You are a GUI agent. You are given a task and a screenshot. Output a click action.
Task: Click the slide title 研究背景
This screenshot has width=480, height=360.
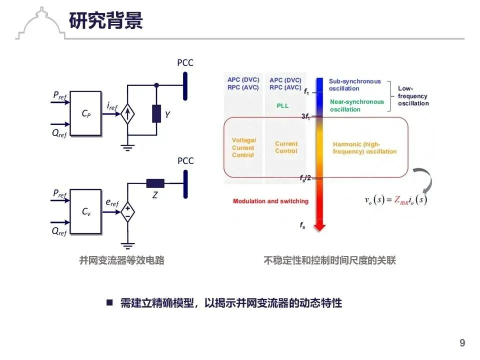tap(106, 21)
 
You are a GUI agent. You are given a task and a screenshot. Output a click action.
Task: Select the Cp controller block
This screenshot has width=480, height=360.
tap(86, 114)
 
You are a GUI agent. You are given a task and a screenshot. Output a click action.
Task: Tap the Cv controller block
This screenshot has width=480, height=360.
tap(86, 211)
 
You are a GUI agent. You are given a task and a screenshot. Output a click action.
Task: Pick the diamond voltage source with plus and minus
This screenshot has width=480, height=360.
tap(128, 212)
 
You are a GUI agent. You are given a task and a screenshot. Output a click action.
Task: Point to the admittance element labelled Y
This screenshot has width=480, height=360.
tap(156, 114)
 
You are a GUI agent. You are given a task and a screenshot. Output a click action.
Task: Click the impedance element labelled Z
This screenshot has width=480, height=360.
tap(155, 183)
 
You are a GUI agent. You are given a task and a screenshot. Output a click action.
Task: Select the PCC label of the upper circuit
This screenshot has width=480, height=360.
tap(185, 63)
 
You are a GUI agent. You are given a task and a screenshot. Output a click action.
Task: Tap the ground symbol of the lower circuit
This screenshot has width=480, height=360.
tap(128, 245)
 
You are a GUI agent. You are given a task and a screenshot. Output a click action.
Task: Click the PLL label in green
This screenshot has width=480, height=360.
tap(282, 106)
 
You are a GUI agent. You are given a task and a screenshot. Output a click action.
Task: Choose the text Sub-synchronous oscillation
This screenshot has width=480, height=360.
tap(354, 85)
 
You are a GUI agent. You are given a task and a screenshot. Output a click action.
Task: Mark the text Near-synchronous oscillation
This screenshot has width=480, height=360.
tap(357, 105)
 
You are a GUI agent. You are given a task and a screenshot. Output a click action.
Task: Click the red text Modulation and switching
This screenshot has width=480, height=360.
tap(270, 201)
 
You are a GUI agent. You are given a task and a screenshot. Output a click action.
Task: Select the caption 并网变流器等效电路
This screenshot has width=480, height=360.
tap(121, 260)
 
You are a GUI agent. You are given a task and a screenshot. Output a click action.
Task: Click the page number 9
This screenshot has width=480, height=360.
tap(462, 343)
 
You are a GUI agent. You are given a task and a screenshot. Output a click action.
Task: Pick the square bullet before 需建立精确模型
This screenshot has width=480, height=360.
tap(109, 302)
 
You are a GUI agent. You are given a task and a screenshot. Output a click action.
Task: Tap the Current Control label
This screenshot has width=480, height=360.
tap(286, 147)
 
